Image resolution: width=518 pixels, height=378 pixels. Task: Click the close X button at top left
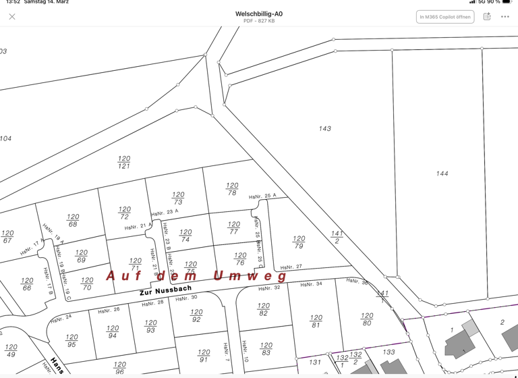pos(12,17)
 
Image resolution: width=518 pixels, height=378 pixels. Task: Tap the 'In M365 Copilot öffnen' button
pos(444,17)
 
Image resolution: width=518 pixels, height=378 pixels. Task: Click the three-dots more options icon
pos(505,17)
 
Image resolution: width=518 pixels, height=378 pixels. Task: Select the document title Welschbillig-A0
pos(259,13)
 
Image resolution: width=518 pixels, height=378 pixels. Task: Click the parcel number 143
pos(324,128)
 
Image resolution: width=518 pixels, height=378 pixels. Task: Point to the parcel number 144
pos(442,173)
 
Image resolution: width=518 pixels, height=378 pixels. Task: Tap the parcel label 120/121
pos(124,163)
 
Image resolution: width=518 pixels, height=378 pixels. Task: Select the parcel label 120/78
pos(232,189)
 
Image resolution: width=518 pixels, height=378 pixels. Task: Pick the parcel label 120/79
pos(299,242)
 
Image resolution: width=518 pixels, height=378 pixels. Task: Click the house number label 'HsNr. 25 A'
pos(262,196)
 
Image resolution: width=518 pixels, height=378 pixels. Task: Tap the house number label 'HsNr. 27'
pos(291,267)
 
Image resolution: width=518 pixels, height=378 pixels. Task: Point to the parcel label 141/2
pos(337,237)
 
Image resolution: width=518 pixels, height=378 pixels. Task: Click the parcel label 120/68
pos(73,221)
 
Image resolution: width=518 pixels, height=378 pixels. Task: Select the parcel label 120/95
pos(71,341)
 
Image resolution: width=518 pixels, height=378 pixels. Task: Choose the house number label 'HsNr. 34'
pos(311,284)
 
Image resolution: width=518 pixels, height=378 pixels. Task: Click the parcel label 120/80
pos(367,319)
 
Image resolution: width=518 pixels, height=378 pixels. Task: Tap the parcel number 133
pos(388,352)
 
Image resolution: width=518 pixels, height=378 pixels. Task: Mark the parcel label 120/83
pos(266,350)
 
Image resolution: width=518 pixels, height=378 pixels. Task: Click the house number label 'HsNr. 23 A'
pos(165,212)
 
